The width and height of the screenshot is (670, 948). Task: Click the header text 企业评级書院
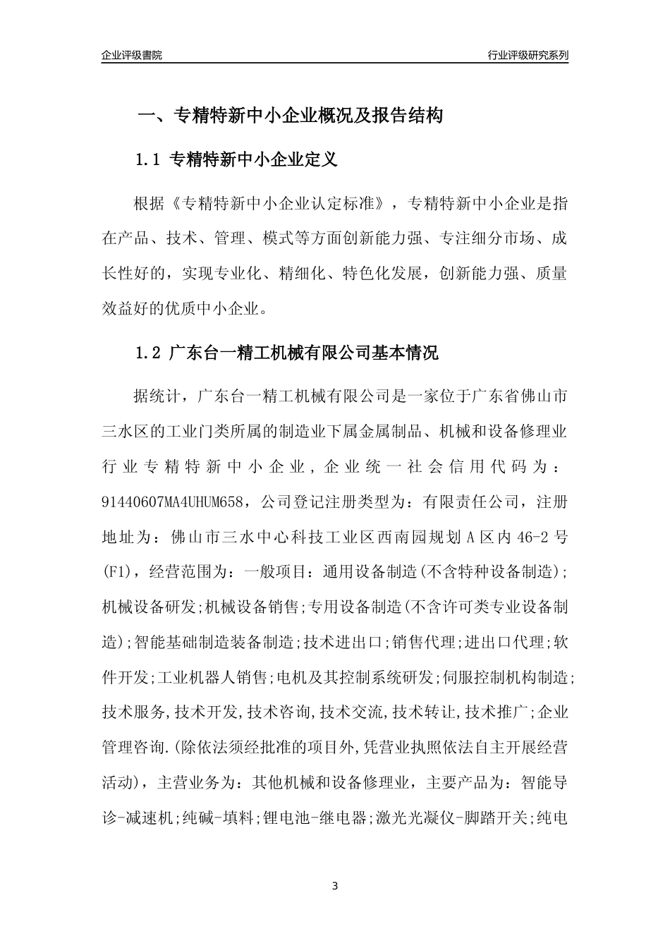[x=132, y=55]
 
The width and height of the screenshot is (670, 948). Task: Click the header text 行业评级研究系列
[x=528, y=55]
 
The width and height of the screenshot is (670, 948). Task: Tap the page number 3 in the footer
[x=335, y=885]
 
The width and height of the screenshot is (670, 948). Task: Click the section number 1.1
[x=149, y=160]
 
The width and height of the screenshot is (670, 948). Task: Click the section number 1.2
[x=149, y=353]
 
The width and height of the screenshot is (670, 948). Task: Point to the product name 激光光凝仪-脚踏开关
[x=451, y=818]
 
